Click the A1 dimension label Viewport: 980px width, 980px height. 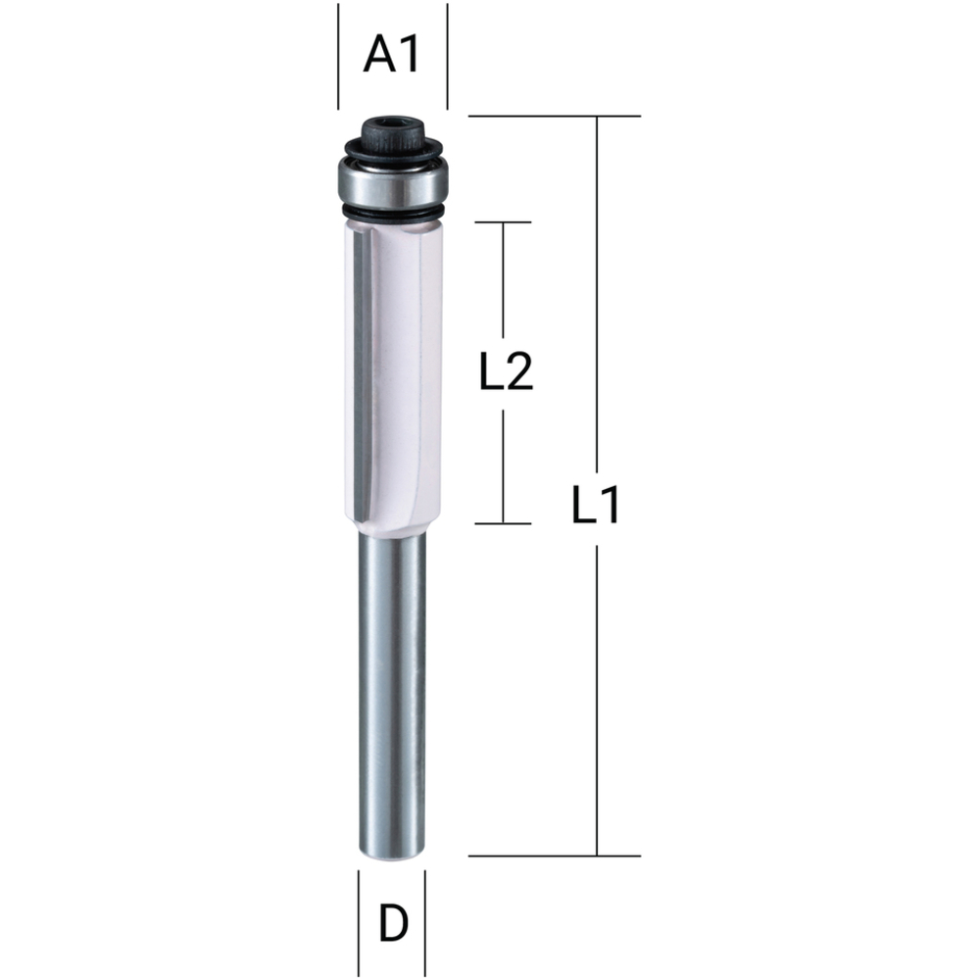click(392, 54)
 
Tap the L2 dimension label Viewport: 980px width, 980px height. click(506, 370)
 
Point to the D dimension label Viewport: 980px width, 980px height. click(393, 923)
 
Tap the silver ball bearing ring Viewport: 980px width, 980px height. click(393, 184)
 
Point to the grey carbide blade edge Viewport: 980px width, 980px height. click(362, 375)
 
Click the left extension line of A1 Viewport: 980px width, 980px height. click(339, 56)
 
